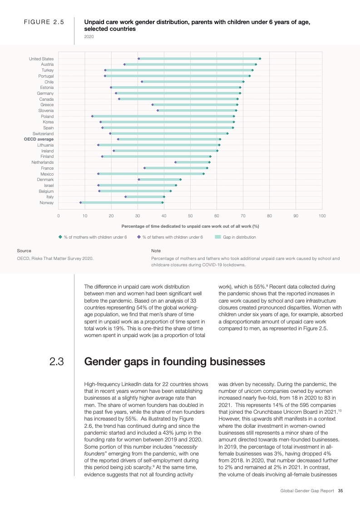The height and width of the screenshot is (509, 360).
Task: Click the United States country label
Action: [x=41, y=59]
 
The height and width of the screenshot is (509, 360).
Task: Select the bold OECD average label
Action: [x=39, y=139]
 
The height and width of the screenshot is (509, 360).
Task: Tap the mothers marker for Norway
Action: [x=163, y=202]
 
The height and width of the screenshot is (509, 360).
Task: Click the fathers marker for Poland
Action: [x=92, y=117]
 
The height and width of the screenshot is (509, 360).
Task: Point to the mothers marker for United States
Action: [x=260, y=59]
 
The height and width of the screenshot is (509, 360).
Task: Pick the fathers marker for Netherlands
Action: [x=176, y=162]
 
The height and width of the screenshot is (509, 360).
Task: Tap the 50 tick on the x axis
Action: [x=190, y=215]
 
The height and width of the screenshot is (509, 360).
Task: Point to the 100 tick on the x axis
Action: [x=322, y=215]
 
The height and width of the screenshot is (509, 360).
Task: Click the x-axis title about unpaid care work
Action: [x=190, y=226]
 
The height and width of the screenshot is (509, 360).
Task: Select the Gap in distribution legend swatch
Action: [x=217, y=237]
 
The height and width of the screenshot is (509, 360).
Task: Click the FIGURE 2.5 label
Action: [x=44, y=21]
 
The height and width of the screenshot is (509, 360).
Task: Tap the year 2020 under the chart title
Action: [x=89, y=37]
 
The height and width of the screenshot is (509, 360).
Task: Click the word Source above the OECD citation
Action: [x=24, y=250]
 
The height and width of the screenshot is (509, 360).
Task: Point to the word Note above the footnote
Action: [x=156, y=250]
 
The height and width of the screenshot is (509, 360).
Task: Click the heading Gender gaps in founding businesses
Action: [x=175, y=362]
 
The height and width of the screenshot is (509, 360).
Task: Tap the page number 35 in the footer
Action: [x=340, y=490]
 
